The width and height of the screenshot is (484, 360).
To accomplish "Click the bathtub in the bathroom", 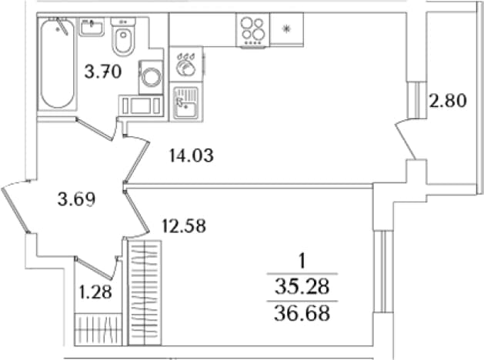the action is click(x=57, y=64).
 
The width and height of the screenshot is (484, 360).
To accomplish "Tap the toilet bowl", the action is click(x=123, y=37).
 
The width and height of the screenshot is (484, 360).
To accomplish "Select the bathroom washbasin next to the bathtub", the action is click(x=92, y=27).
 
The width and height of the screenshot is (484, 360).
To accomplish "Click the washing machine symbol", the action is click(x=151, y=77).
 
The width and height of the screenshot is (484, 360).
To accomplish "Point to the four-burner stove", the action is click(x=252, y=31).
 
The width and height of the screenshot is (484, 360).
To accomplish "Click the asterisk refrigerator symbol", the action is click(x=287, y=29).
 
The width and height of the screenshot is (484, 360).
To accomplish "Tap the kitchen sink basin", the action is click(x=186, y=102).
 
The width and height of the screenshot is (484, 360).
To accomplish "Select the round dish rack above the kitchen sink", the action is click(x=186, y=64).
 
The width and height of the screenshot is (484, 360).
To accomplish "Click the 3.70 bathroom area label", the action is click(x=103, y=72).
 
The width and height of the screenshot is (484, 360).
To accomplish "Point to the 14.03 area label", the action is click(x=192, y=155).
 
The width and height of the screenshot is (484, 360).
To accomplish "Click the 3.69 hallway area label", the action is click(x=76, y=199).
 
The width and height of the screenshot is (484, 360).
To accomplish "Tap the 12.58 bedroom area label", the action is click(x=184, y=226).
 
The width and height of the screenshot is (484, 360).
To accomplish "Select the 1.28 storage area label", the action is click(x=95, y=292).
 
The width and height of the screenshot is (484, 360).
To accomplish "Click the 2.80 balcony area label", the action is click(x=448, y=101).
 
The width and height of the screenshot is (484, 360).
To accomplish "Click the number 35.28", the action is click(x=302, y=287).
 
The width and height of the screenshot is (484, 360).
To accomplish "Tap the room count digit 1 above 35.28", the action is click(x=302, y=262).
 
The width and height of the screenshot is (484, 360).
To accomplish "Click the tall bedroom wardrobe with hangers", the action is click(x=145, y=293).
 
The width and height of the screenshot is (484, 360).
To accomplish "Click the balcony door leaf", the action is click(x=405, y=141).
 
